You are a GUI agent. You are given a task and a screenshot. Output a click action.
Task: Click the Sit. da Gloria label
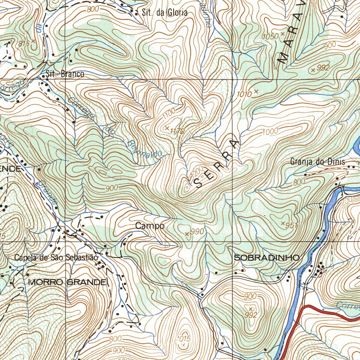point(165,13)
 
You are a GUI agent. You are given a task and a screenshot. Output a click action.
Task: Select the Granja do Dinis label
point(318,162)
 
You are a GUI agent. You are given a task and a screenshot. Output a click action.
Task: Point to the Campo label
point(150,226)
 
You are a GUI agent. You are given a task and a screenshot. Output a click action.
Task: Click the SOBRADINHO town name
point(267,258)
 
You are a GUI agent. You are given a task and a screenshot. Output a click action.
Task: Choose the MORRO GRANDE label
point(67,282)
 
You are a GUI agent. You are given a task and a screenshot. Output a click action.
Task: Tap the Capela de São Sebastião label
point(56,258)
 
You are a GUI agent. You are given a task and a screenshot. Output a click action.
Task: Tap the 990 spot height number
point(197,232)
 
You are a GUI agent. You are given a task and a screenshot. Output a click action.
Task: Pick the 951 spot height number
point(292,225)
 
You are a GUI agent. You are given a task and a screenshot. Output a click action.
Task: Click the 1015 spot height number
point(184,338)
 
